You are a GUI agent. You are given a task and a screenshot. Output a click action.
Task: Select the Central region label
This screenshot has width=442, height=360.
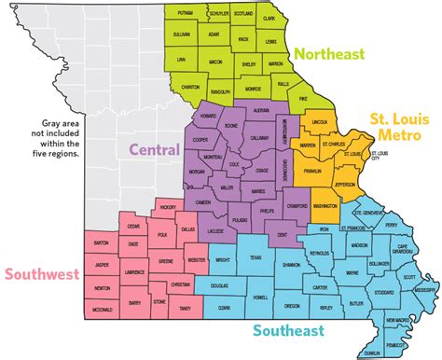[x=154, y=150]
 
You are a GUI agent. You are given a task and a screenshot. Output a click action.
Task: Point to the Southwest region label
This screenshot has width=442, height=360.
[x=42, y=274]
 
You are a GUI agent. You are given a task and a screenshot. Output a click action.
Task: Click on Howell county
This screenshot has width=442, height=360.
[x=260, y=297]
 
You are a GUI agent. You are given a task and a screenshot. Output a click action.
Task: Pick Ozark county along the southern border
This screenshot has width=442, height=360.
[x=221, y=307]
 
